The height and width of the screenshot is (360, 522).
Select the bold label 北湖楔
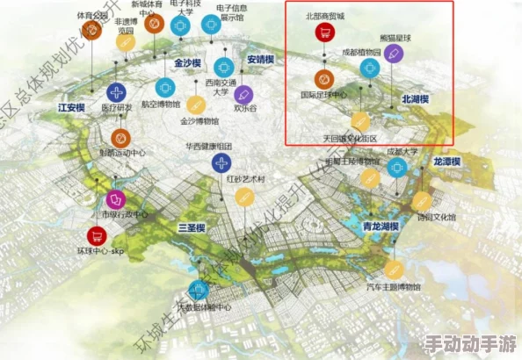[415, 99]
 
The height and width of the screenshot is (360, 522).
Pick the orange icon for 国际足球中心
[323, 77]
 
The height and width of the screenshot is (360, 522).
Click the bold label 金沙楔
[188, 64]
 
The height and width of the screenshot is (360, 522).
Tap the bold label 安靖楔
[261, 60]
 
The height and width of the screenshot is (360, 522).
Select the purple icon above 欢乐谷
[245, 94]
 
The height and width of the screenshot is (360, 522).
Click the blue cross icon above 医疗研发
[116, 92]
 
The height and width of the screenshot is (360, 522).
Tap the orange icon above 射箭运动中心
[121, 137]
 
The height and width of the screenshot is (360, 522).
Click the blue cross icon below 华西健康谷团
[221, 162]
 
